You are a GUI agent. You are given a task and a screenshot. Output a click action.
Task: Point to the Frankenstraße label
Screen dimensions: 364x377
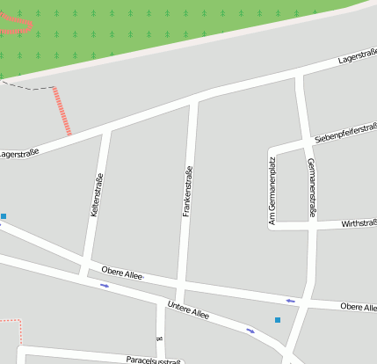(187, 192)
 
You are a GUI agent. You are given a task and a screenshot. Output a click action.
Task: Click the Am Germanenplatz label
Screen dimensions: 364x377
(273, 187)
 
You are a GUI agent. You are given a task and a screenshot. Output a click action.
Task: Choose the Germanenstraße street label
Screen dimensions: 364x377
(311, 187)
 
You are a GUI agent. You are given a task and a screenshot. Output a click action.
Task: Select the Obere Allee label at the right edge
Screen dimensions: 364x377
(358, 307)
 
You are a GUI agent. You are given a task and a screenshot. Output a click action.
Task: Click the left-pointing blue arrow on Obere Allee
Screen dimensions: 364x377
(290, 302)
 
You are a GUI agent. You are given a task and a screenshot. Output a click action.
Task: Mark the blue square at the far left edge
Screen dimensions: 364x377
(4, 215)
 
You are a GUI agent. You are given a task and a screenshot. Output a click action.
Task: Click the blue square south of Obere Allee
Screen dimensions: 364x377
(278, 320)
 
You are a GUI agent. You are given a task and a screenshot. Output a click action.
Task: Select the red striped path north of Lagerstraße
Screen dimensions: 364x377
(62, 111)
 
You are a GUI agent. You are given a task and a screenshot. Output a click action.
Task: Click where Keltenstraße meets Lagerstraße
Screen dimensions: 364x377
(107, 129)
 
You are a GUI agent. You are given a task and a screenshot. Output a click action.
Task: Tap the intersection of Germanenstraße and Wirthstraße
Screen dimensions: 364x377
(312, 226)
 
